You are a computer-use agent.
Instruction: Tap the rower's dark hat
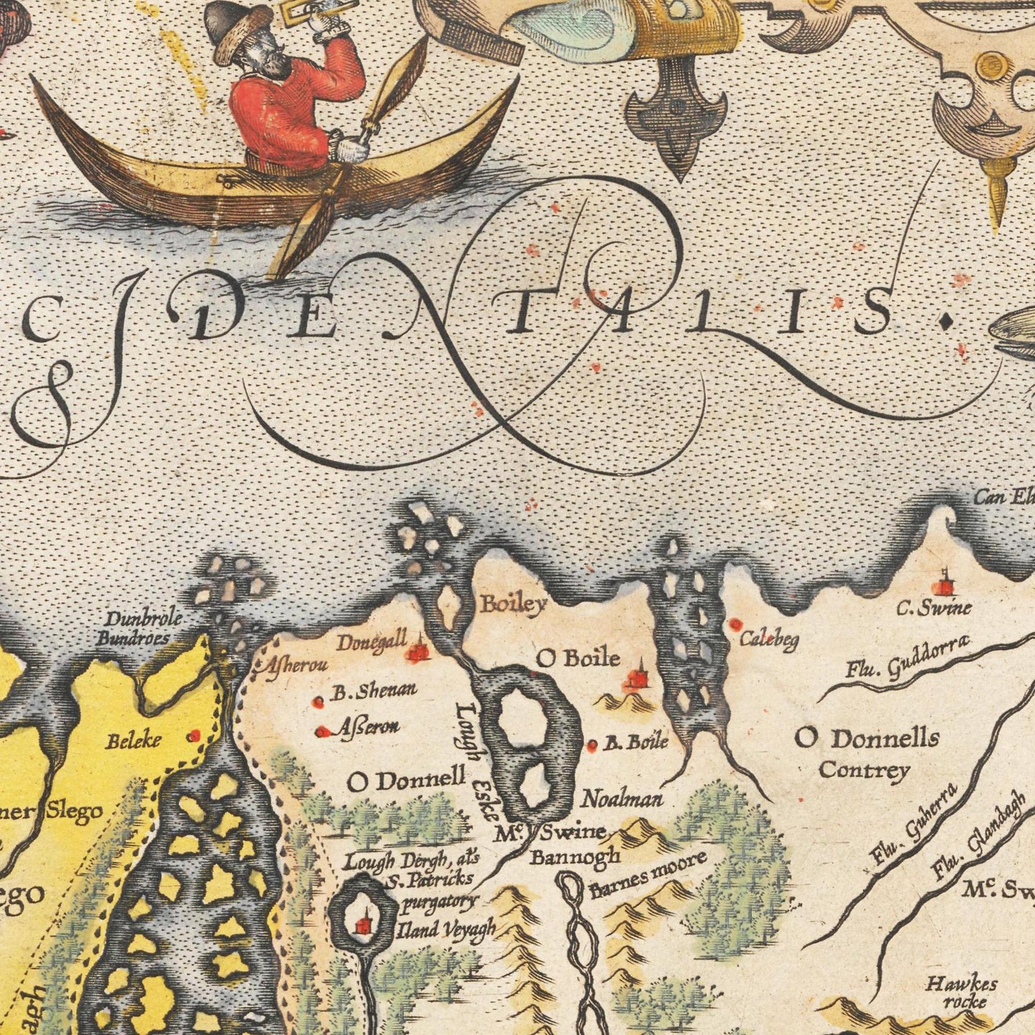[x=229, y=21]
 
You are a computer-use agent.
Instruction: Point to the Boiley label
[x=514, y=604]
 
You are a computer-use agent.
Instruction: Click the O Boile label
[x=578, y=657]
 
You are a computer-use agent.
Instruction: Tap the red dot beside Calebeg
[x=735, y=625]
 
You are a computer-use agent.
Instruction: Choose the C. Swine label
[x=935, y=609]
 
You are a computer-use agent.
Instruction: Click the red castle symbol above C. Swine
[x=946, y=584]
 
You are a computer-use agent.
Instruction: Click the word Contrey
[x=864, y=771]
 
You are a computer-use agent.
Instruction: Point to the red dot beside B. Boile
[x=592, y=746]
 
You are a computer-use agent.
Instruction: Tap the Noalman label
[x=622, y=799]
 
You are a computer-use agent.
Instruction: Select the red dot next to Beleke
[x=193, y=736]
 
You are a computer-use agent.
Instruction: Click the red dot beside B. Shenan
[x=319, y=703]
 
